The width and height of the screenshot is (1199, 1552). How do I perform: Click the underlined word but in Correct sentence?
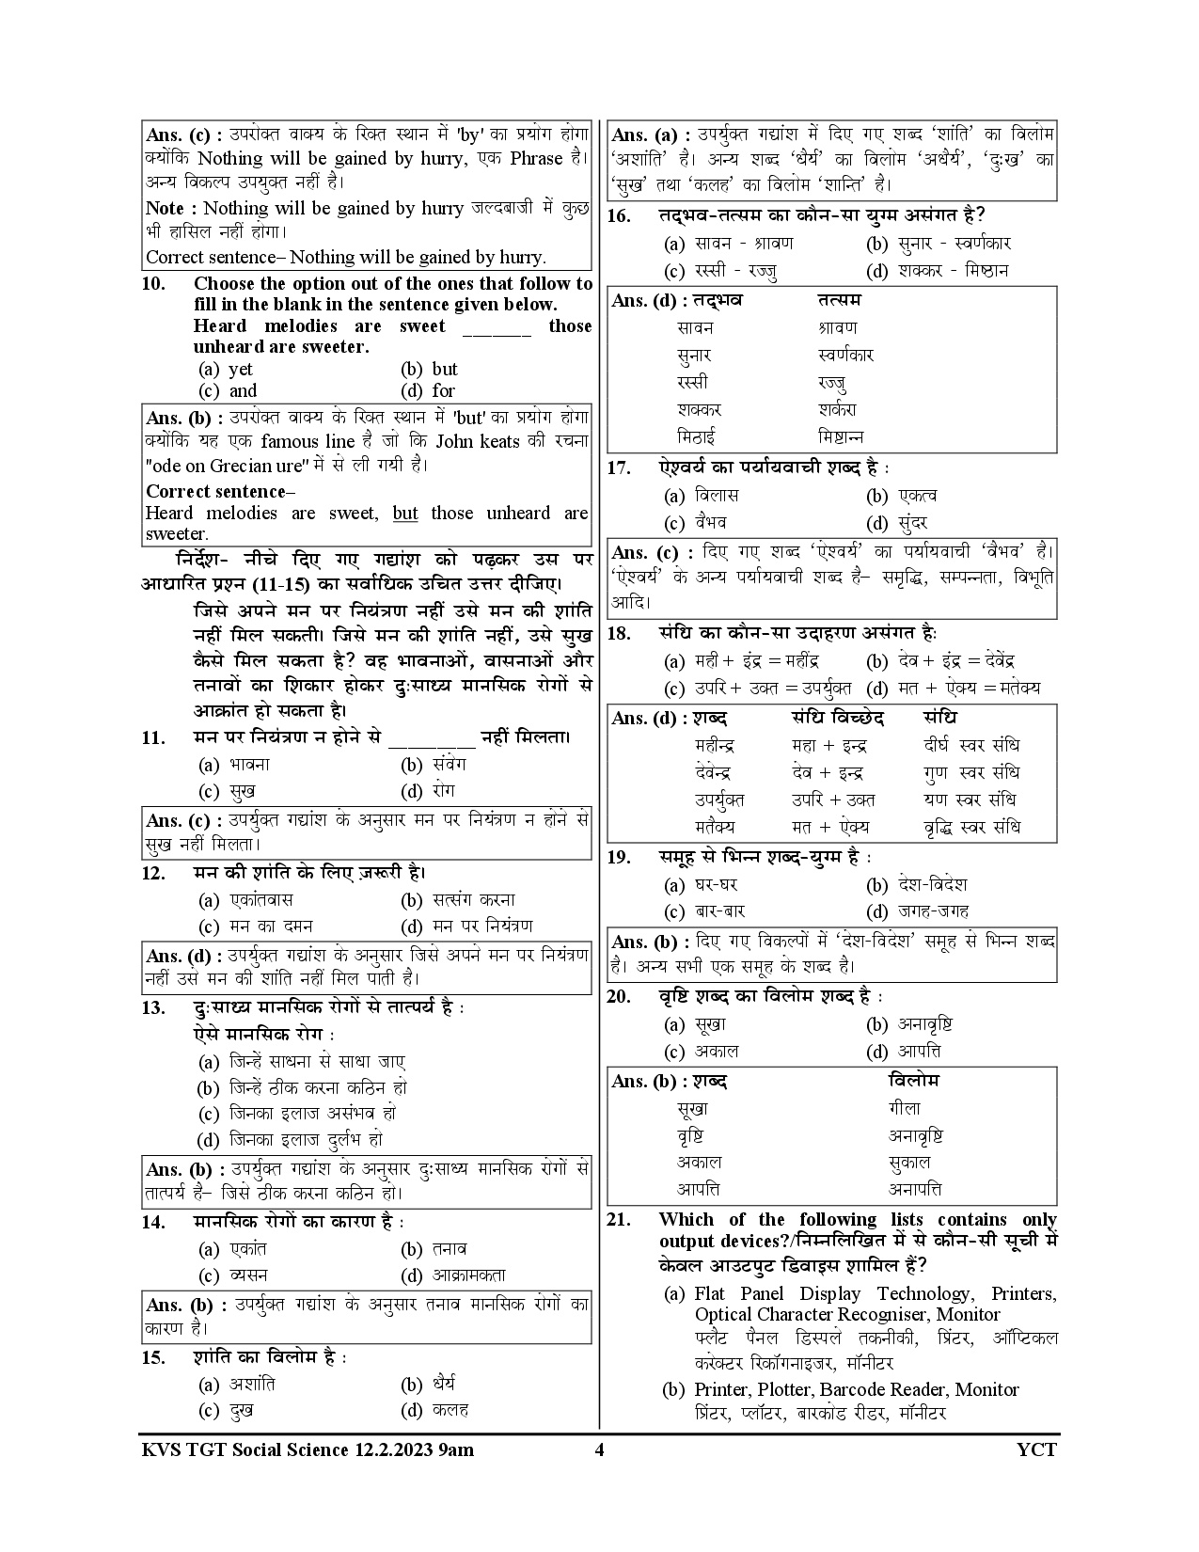tap(405, 514)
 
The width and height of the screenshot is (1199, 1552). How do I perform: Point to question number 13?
tap(153, 1008)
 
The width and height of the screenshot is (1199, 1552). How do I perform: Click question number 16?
tap(619, 216)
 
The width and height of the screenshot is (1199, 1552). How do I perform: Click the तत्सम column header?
tap(840, 300)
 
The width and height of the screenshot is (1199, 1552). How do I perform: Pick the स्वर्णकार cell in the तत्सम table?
tap(846, 356)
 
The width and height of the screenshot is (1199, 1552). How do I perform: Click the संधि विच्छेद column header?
tap(838, 718)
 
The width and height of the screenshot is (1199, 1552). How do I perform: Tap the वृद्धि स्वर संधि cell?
tap(971, 828)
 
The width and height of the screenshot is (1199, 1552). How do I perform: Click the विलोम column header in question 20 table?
tap(913, 1081)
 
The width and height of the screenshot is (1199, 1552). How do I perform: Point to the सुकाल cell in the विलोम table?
tap(909, 1163)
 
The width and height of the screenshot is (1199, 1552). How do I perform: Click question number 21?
tap(618, 1220)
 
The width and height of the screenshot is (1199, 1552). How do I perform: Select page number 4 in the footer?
tap(600, 1449)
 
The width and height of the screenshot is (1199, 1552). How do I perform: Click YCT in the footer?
tap(1037, 1449)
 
